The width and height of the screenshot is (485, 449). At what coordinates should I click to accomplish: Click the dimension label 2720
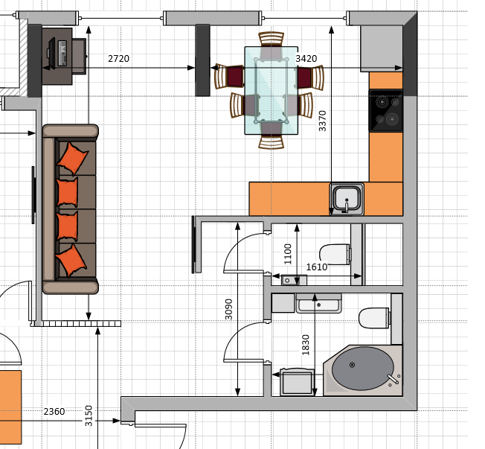tap(118, 59)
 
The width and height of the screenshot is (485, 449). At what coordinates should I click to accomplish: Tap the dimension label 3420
tap(306, 59)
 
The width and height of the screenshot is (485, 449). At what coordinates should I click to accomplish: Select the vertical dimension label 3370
tap(322, 121)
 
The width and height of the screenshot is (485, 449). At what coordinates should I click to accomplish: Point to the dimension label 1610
tap(317, 267)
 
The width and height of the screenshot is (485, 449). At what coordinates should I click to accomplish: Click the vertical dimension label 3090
tap(228, 309)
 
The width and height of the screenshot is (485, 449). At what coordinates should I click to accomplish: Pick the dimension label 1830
tap(305, 345)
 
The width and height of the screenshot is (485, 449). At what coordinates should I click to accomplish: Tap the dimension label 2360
tap(54, 412)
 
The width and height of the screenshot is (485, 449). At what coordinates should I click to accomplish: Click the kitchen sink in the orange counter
tap(347, 199)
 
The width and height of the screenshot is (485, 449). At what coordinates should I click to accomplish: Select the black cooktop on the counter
tap(386, 110)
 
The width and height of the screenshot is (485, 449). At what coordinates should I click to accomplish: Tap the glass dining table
tap(272, 90)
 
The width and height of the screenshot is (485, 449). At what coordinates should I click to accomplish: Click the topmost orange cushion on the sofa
tap(73, 159)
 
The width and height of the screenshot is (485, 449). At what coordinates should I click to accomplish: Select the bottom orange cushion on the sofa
tap(71, 261)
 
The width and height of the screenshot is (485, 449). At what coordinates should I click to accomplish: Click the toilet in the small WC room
tap(335, 254)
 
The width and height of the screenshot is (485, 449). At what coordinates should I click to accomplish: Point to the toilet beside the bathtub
tap(374, 318)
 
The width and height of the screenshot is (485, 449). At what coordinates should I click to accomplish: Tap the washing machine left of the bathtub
tap(298, 382)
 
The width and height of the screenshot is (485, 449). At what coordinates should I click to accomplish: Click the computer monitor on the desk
tap(51, 53)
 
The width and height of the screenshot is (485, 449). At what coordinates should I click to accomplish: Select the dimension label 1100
tap(288, 254)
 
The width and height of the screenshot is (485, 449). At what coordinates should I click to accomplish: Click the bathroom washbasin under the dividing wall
tap(319, 304)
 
